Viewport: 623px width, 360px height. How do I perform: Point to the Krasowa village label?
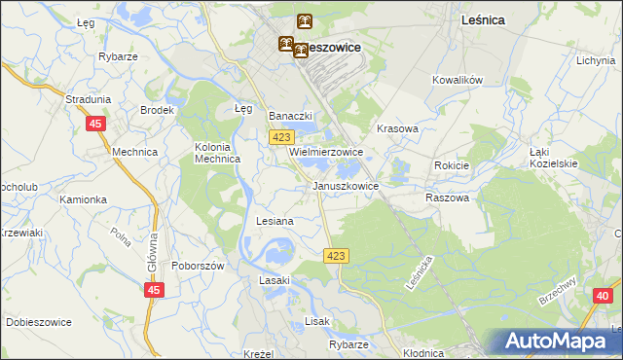pos(397,128)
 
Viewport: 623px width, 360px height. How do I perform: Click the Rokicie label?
pos(452,165)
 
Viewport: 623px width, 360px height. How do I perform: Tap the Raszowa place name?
pos(448,198)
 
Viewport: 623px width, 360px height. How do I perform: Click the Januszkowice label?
pos(345,185)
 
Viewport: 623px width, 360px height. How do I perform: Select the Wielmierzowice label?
pos(326,153)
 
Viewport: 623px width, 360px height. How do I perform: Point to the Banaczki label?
pos(288,116)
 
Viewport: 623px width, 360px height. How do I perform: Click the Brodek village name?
pos(156,111)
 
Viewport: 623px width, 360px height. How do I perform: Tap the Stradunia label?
pos(88,99)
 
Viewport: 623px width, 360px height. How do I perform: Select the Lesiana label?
pos(275,222)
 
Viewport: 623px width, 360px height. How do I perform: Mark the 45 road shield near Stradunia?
pos(94,124)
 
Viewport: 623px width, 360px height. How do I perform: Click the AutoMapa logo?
pos(556,342)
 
